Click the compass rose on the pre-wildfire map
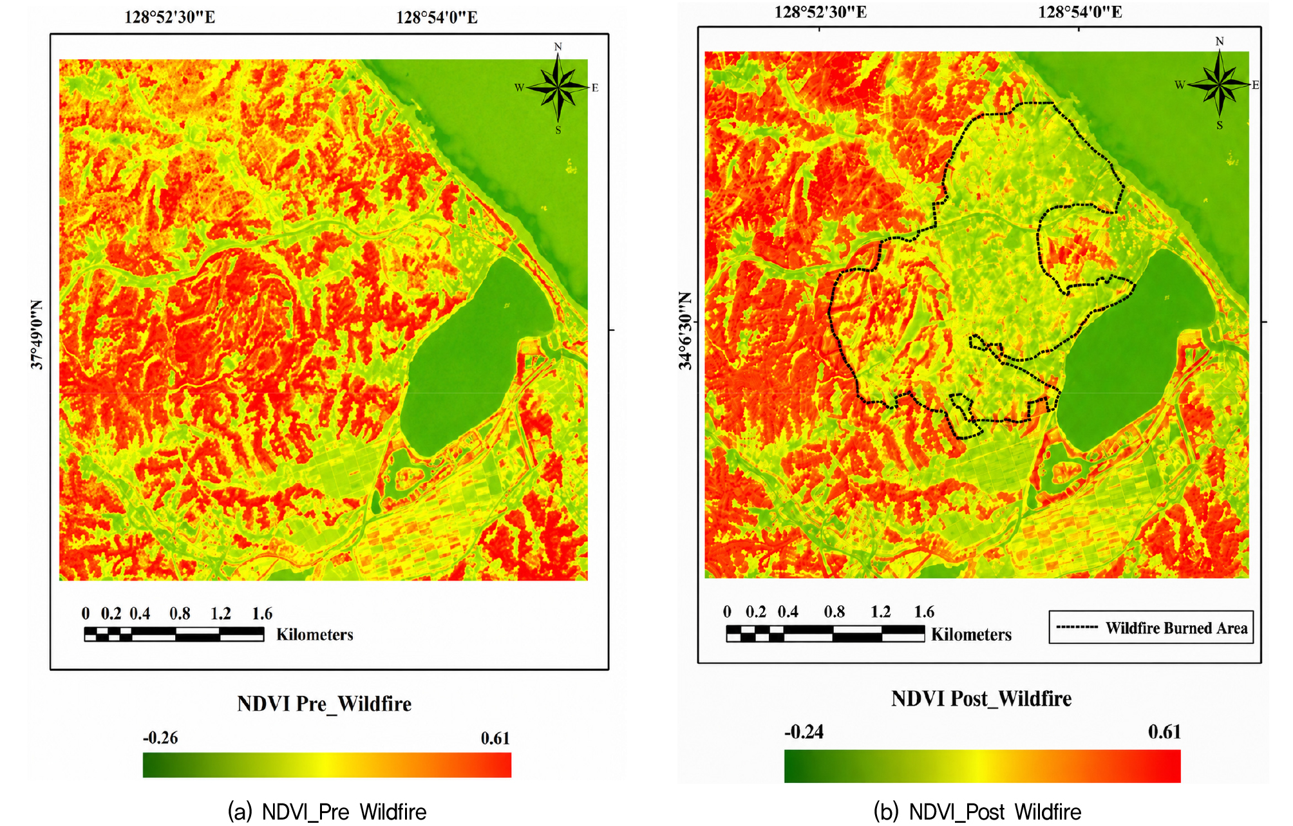(x=558, y=88)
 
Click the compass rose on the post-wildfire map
(x=1219, y=84)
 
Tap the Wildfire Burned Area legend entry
(x=1151, y=628)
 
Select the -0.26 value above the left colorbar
(x=160, y=738)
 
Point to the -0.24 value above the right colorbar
(x=804, y=732)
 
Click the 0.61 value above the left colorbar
(x=495, y=738)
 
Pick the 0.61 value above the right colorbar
(x=1164, y=732)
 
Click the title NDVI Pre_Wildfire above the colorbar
(x=324, y=704)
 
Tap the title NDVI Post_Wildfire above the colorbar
(x=981, y=699)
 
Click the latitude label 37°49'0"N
(x=37, y=335)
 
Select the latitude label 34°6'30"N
(x=685, y=331)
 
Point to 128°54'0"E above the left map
(x=437, y=17)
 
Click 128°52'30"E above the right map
(x=820, y=12)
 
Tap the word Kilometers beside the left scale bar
(x=315, y=635)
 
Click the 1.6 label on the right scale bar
(x=924, y=612)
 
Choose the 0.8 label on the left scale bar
(x=180, y=614)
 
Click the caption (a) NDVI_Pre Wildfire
(x=327, y=812)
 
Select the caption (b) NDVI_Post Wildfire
(x=977, y=812)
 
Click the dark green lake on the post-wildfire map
(x=1135, y=351)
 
